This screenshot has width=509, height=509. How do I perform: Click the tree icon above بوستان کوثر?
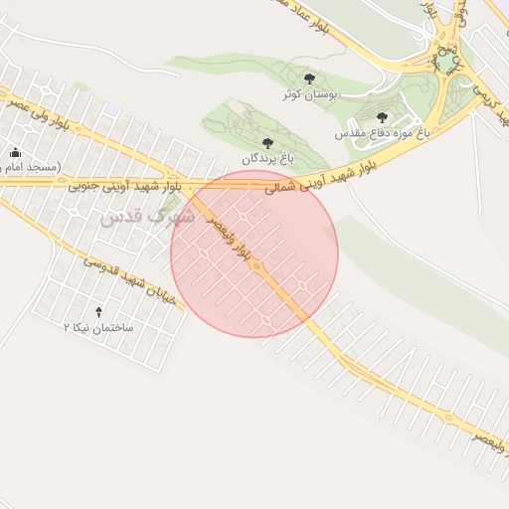(x=309, y=78)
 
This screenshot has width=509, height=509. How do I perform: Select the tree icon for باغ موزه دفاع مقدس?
(x=382, y=117)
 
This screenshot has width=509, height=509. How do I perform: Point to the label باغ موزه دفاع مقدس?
(x=382, y=132)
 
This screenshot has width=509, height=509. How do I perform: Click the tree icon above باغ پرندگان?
(x=266, y=143)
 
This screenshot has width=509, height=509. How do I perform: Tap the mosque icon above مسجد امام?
(x=15, y=152)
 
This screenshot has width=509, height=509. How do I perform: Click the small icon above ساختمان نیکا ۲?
(x=97, y=311)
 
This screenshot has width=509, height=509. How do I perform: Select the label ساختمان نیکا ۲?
(x=98, y=326)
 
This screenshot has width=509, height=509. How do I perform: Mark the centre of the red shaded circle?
(x=254, y=254)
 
